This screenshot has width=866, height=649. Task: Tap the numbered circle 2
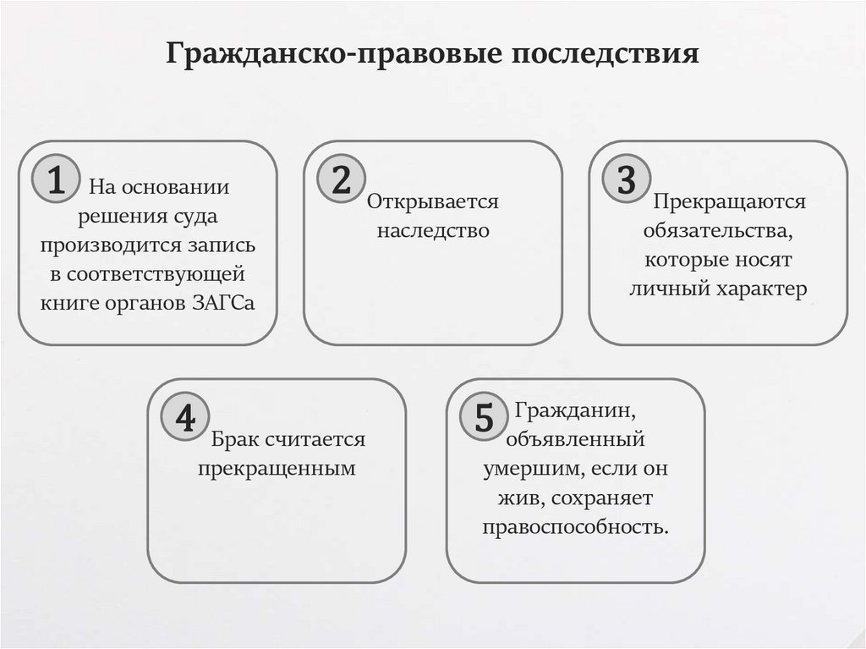pos(341,180)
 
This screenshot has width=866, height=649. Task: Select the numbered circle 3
pos(626,180)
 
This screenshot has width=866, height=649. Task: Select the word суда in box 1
pos(197,216)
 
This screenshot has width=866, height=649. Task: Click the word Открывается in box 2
pos(433,202)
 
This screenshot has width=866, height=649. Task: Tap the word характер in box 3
pos(762,289)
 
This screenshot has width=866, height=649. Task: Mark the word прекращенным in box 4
pos(277,468)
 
